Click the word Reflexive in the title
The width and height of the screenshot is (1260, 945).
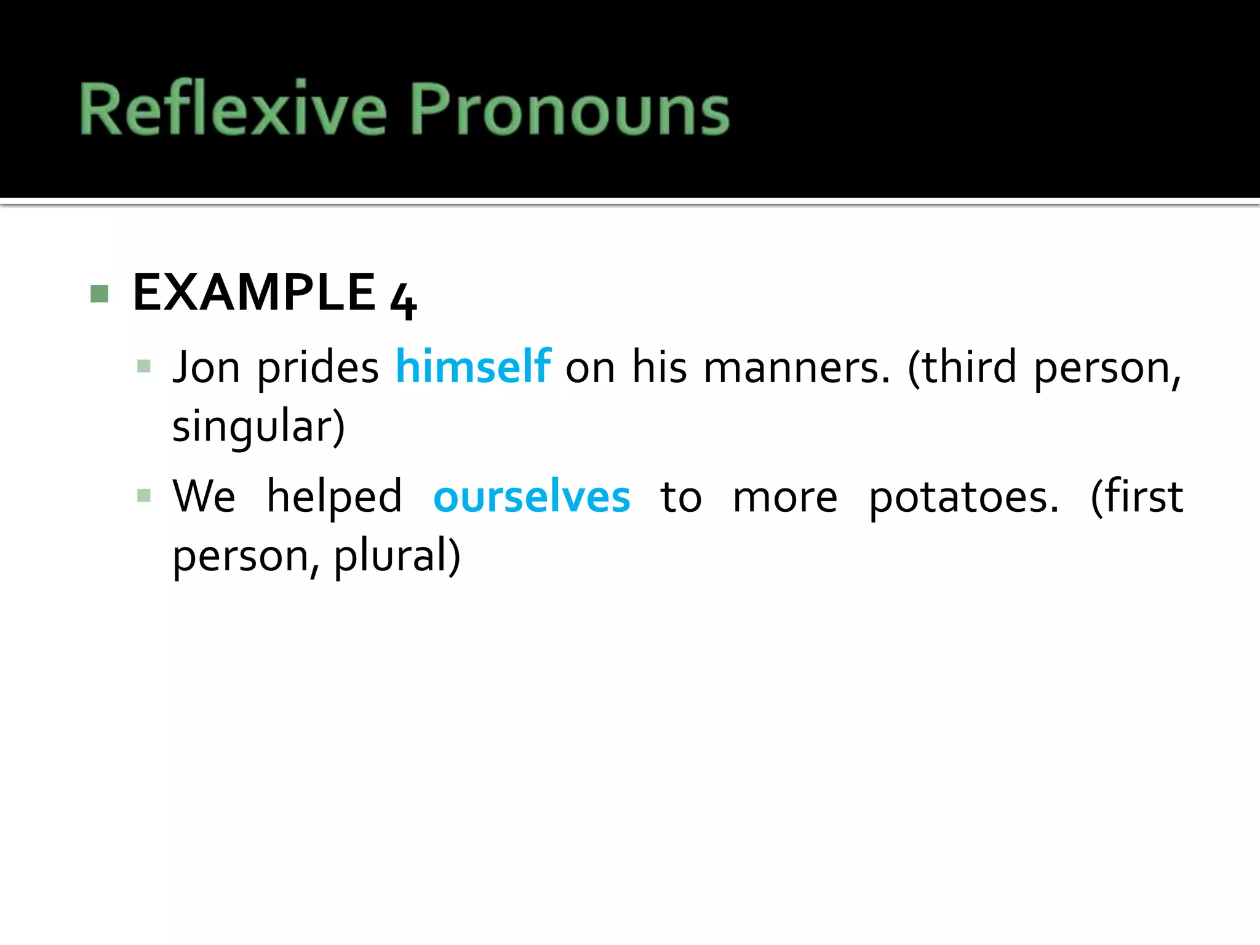tap(233, 110)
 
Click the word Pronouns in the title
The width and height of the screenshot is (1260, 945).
tap(569, 110)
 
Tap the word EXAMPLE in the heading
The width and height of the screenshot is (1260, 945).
tap(254, 293)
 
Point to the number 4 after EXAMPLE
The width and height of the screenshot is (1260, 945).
tap(404, 300)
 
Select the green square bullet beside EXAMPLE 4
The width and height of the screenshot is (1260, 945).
tap(99, 293)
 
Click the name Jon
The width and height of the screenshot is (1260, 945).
tap(206, 367)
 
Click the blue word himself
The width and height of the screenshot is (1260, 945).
tap(472, 367)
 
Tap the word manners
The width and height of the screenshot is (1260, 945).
tap(797, 368)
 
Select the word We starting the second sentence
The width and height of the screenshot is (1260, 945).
tap(204, 496)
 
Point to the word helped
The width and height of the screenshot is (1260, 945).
tap(334, 497)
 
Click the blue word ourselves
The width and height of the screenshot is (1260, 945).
tap(532, 496)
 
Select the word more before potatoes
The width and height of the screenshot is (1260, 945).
tap(785, 497)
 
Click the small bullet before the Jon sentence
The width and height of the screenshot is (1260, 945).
tap(144, 367)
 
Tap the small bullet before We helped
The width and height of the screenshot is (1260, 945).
tap(144, 496)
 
